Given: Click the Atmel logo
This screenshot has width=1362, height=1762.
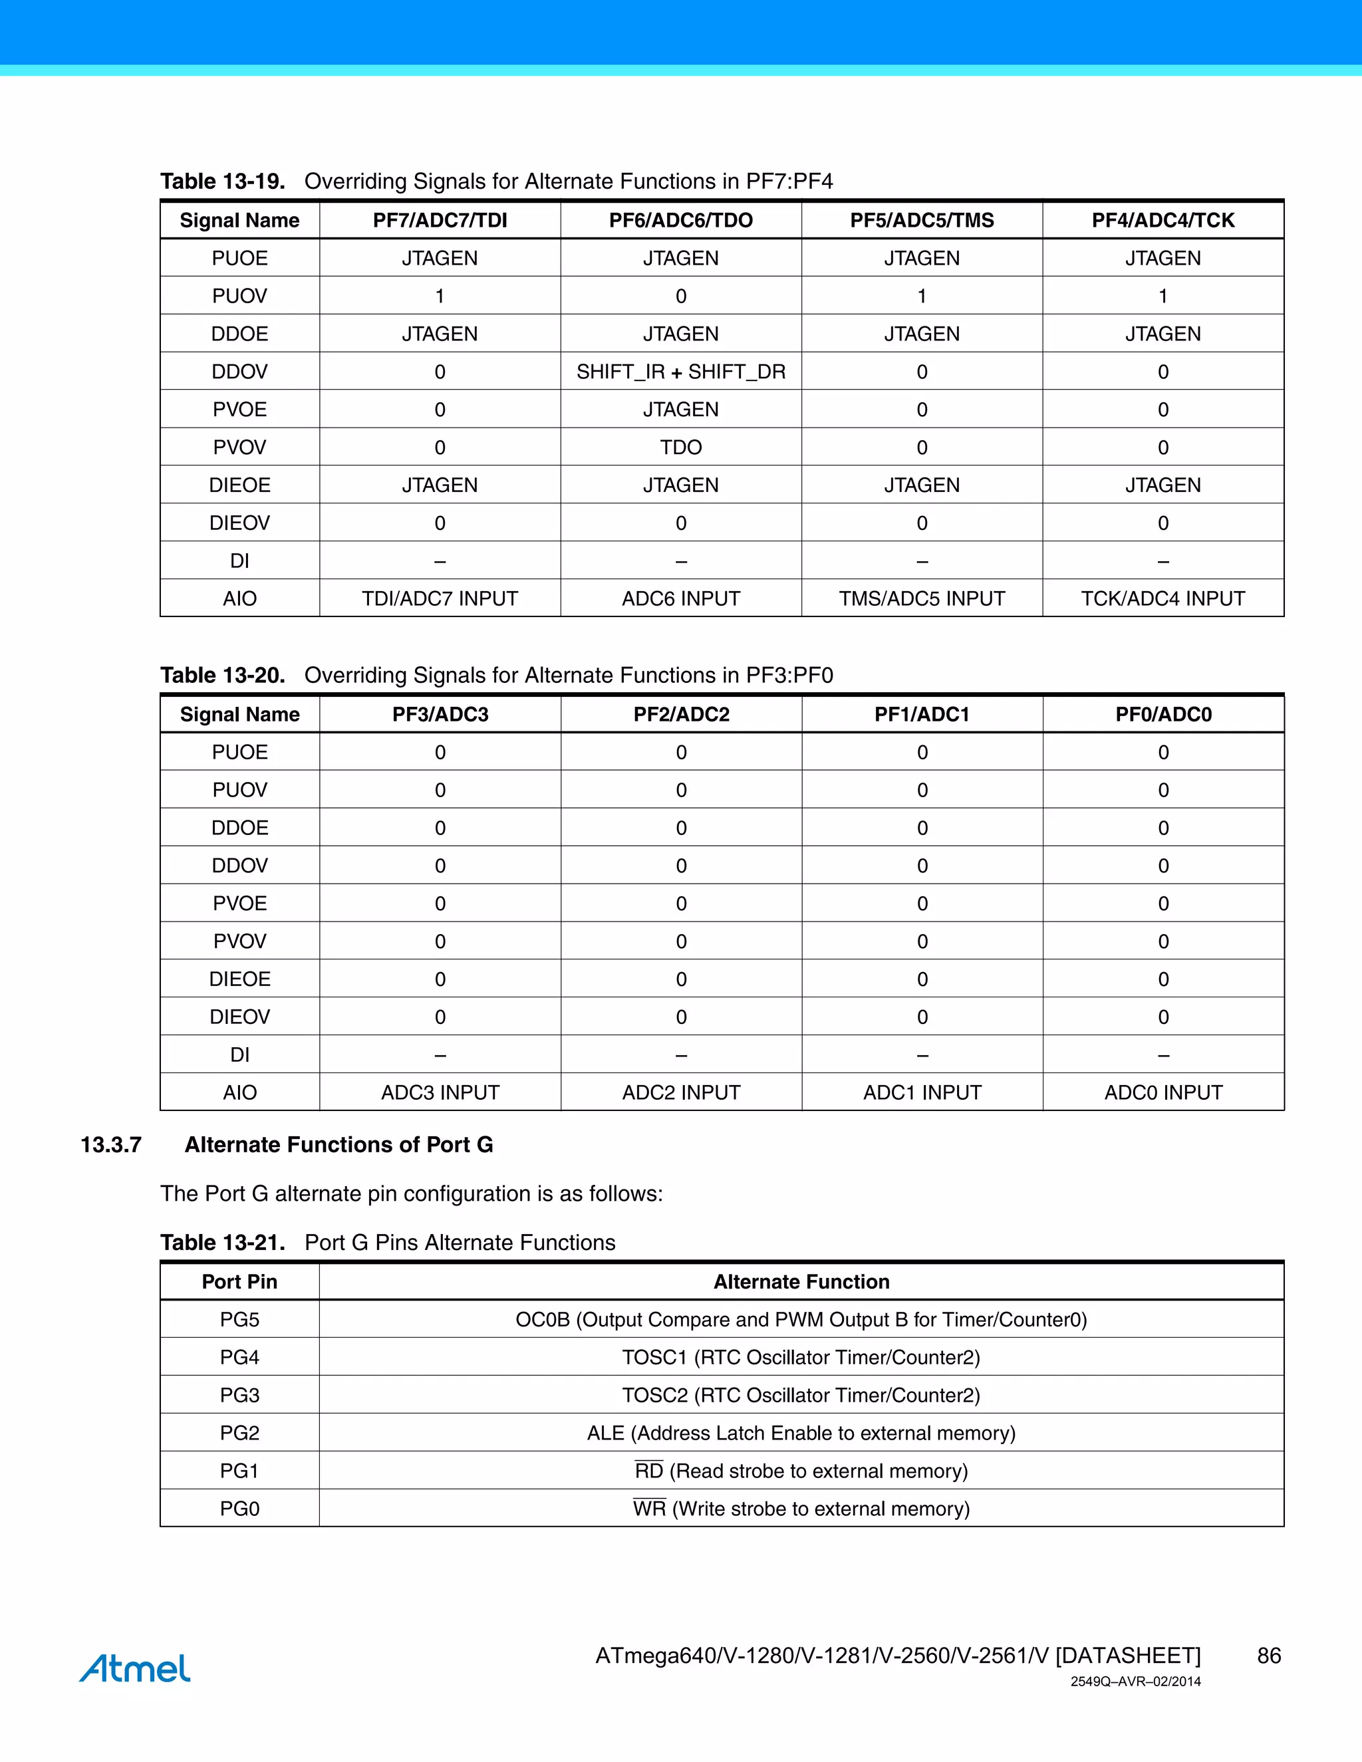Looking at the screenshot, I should pyautogui.click(x=135, y=1668).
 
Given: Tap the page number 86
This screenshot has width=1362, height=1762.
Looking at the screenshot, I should pyautogui.click(x=1268, y=1656).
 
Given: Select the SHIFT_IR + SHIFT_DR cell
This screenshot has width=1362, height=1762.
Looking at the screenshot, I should pyautogui.click(x=680, y=372).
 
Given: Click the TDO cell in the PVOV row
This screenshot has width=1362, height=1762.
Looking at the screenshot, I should pyautogui.click(x=680, y=447).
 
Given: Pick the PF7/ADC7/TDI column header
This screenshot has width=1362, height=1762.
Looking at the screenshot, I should pyautogui.click(x=440, y=220).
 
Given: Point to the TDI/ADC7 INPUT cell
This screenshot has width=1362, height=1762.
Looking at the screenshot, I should pyautogui.click(x=440, y=598).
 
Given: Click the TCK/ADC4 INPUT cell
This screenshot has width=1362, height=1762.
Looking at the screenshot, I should pyautogui.click(x=1162, y=598).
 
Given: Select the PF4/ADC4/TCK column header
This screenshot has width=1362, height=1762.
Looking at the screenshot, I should pyautogui.click(x=1162, y=220).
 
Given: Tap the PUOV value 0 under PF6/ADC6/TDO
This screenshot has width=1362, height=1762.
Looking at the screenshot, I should pyautogui.click(x=680, y=296).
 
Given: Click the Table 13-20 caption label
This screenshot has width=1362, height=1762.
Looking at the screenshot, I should pyautogui.click(x=223, y=676).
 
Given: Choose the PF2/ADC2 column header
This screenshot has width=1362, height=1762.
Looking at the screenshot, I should pyautogui.click(x=680, y=714).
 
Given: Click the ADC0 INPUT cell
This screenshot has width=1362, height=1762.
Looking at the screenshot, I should pyautogui.click(x=1162, y=1092).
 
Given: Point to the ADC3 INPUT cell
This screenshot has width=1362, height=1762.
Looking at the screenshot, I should pyautogui.click(x=440, y=1092).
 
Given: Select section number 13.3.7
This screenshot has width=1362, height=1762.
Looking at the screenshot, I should pyautogui.click(x=111, y=1145).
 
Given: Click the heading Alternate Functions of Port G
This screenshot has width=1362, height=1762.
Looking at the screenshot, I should pyautogui.click(x=339, y=1145).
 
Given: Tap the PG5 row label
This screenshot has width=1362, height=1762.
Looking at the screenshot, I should pyautogui.click(x=239, y=1320).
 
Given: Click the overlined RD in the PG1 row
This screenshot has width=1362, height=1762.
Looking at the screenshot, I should pyautogui.click(x=648, y=1471).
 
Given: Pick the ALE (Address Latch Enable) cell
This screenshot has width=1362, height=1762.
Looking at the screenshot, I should pyautogui.click(x=801, y=1433).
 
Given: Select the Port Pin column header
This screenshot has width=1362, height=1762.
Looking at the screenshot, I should pyautogui.click(x=239, y=1282).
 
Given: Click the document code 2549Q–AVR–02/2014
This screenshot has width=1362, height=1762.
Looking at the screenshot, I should pyautogui.click(x=1135, y=1682).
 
